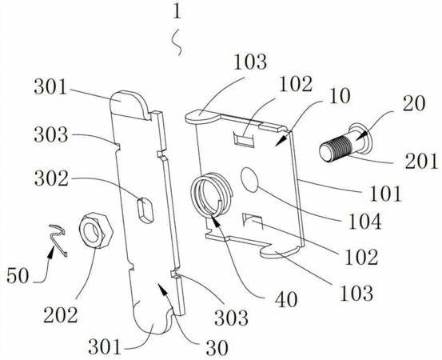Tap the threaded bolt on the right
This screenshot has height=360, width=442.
tap(345, 142)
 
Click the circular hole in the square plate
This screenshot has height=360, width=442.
tap(249, 179)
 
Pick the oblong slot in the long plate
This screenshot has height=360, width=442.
tap(145, 210)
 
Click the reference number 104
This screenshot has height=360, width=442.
tap(365, 221)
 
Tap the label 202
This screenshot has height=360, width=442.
tap(61, 315)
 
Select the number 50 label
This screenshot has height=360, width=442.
tap(18, 275)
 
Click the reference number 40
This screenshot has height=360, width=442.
tap(286, 299)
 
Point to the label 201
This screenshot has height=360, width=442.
tap(421, 161)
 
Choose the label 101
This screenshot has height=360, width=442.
tap(385, 194)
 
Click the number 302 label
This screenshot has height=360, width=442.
tap(51, 179)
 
